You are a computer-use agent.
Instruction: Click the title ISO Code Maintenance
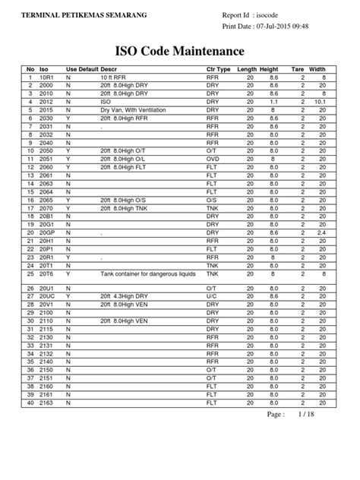point(179,52)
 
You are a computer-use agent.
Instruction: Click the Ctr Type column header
point(219,69)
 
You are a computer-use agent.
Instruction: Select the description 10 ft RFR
point(114,77)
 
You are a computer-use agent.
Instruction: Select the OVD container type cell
point(213,159)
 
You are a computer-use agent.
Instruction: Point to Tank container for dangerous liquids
point(148,273)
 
